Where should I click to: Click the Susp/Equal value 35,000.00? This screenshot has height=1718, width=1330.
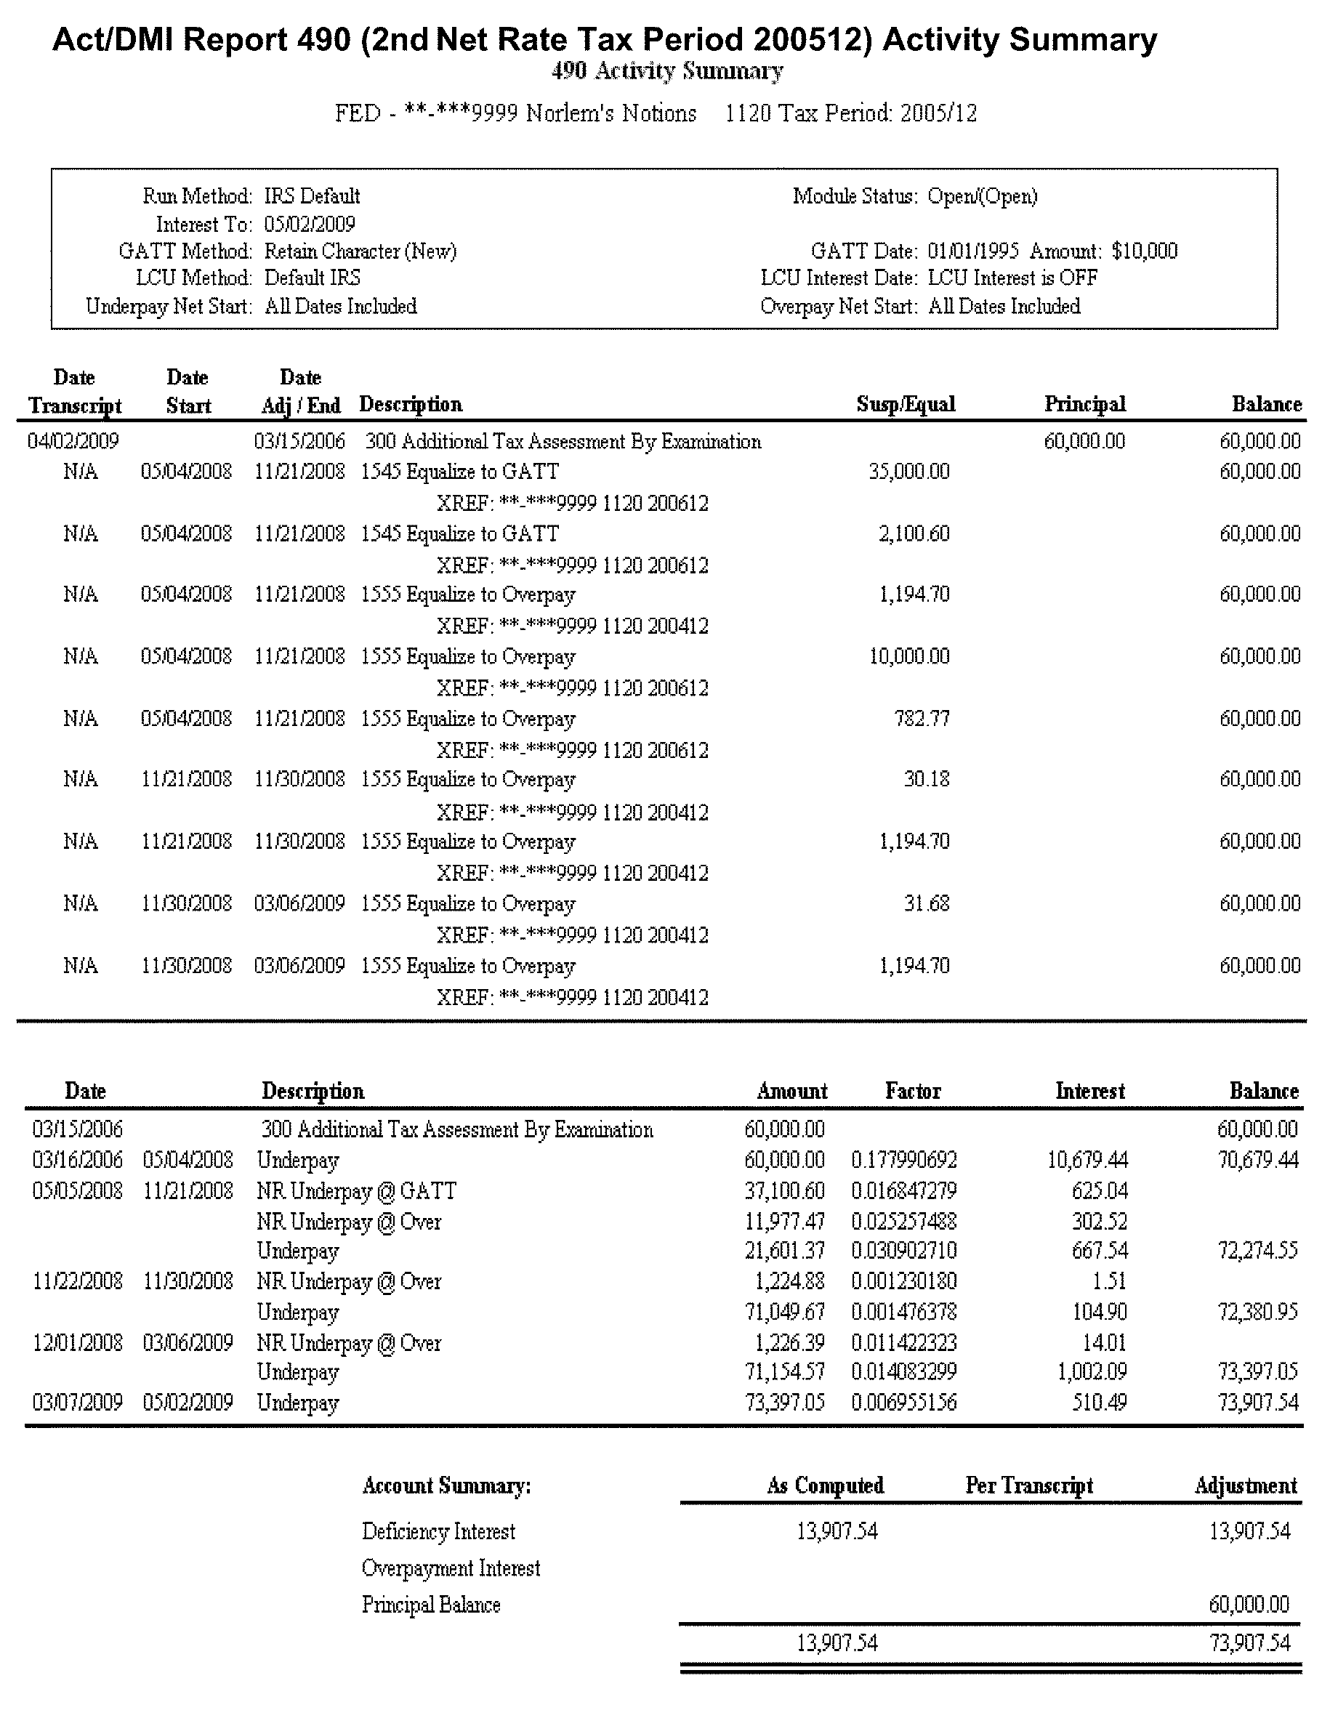pyautogui.click(x=908, y=472)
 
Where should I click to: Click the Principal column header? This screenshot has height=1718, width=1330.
pyautogui.click(x=1084, y=404)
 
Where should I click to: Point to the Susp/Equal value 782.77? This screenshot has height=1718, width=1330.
pyautogui.click(x=921, y=719)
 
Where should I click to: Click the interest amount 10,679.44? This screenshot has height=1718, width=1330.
pyautogui.click(x=1087, y=1161)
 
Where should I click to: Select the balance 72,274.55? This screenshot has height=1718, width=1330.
pyautogui.click(x=1257, y=1251)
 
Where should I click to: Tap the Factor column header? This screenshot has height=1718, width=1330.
pyautogui.click(x=912, y=1091)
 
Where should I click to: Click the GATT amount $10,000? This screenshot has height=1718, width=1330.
pyautogui.click(x=1145, y=251)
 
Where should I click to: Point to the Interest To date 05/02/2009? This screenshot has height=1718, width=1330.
pyautogui.click(x=310, y=225)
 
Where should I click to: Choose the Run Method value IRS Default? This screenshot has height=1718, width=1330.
pyautogui.click(x=313, y=196)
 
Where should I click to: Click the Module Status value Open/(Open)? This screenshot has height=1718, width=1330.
pyautogui.click(x=983, y=196)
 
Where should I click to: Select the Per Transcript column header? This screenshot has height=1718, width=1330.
pyautogui.click(x=1029, y=1486)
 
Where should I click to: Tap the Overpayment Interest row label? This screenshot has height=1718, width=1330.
pyautogui.click(x=451, y=1568)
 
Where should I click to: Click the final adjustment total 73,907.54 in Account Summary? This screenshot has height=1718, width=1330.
pyautogui.click(x=1250, y=1643)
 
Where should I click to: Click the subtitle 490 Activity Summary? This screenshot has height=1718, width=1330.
pyautogui.click(x=667, y=71)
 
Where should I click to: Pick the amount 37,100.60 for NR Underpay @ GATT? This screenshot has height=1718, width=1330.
pyautogui.click(x=784, y=1191)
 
